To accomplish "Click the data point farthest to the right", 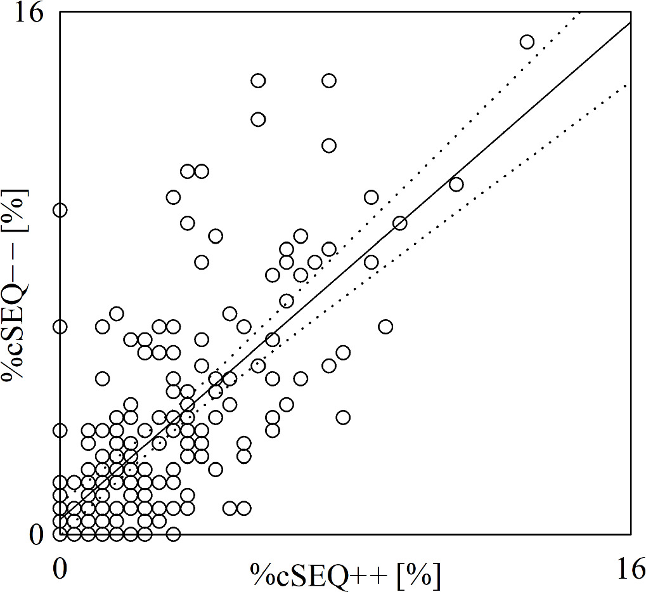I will pos(527,42).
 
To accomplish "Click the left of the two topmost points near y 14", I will pos(258,81).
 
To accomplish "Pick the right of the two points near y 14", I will pos(329,81).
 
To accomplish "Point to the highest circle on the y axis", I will pos(60,210).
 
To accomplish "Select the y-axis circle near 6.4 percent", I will pos(60,327).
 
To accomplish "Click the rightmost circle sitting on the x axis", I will pos(173,534).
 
